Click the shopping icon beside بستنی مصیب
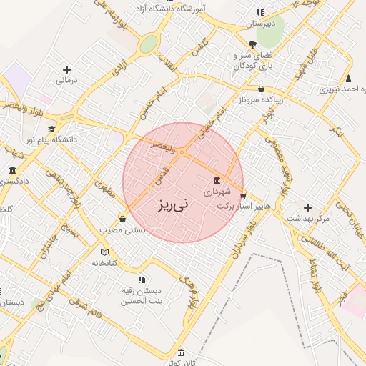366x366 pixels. [x=124, y=219]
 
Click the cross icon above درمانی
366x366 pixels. [x=67, y=69]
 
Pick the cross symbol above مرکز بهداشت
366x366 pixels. [x=308, y=207]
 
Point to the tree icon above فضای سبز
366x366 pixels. [x=252, y=44]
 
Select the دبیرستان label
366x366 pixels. [x=260, y=24]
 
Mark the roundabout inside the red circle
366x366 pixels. [x=182, y=152]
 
